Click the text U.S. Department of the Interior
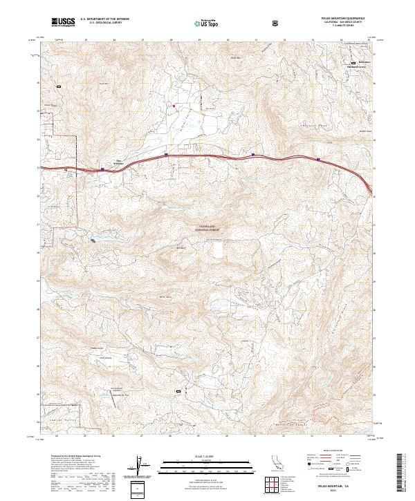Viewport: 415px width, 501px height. tap(103, 19)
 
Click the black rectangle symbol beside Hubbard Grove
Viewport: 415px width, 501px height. tap(353, 63)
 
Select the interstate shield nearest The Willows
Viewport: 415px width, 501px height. tap(102, 168)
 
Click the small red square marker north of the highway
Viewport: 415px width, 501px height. tap(174, 106)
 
